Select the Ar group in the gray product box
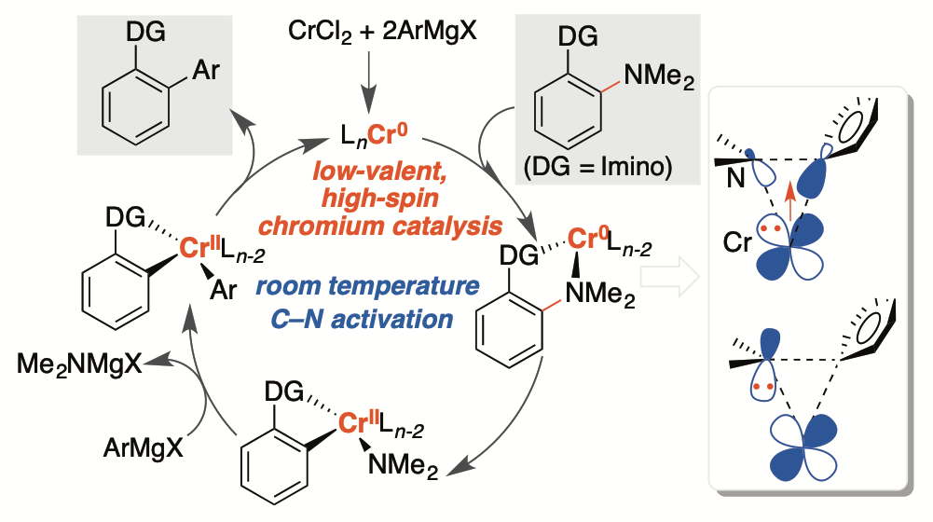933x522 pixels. [x=203, y=71]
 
